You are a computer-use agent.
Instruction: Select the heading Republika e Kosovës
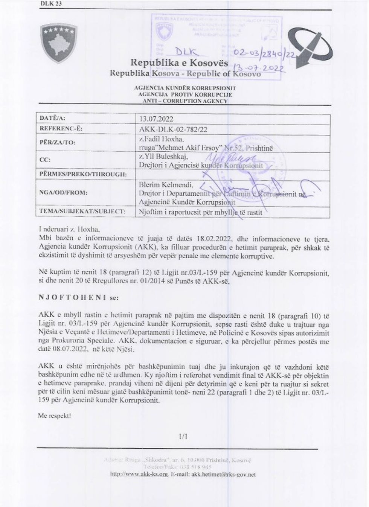(x=179, y=62)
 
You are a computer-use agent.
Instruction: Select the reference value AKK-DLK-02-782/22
(x=173, y=129)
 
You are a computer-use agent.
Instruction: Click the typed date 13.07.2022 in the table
(x=156, y=119)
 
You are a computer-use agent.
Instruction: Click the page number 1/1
(x=184, y=437)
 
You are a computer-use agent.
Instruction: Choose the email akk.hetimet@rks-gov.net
(x=224, y=474)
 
